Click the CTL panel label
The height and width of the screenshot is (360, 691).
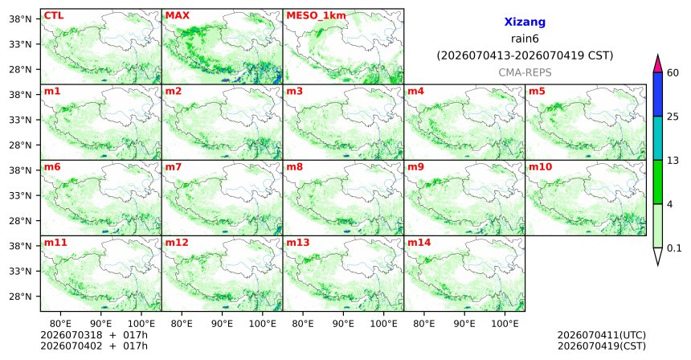pyautogui.click(x=54, y=15)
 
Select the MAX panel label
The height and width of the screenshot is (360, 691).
pyautogui.click(x=177, y=15)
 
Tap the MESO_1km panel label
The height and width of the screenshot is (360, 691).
pyautogui.click(x=316, y=16)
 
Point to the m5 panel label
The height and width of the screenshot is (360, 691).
pyautogui.click(x=537, y=92)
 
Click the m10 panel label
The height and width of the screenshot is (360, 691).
pyautogui.click(x=540, y=167)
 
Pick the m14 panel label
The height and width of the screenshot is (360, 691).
pyautogui.click(x=419, y=243)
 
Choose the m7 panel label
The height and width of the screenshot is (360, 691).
pyautogui.click(x=174, y=167)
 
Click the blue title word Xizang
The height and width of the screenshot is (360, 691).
pyautogui.click(x=525, y=22)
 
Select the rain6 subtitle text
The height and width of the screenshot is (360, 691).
pyautogui.click(x=525, y=39)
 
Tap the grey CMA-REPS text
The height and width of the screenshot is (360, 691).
pyautogui.click(x=525, y=72)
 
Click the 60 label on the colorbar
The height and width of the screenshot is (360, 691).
pyautogui.click(x=673, y=72)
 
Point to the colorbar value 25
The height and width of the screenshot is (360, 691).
pyautogui.click(x=673, y=117)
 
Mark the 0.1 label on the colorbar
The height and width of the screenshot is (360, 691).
pyautogui.click(x=674, y=248)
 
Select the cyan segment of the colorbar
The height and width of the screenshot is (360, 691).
pyautogui.click(x=658, y=138)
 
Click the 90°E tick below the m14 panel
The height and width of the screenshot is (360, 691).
pyautogui.click(x=464, y=324)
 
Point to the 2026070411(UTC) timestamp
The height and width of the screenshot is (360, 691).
pyautogui.click(x=602, y=336)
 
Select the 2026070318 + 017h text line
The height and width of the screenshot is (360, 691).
pyautogui.click(x=94, y=335)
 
